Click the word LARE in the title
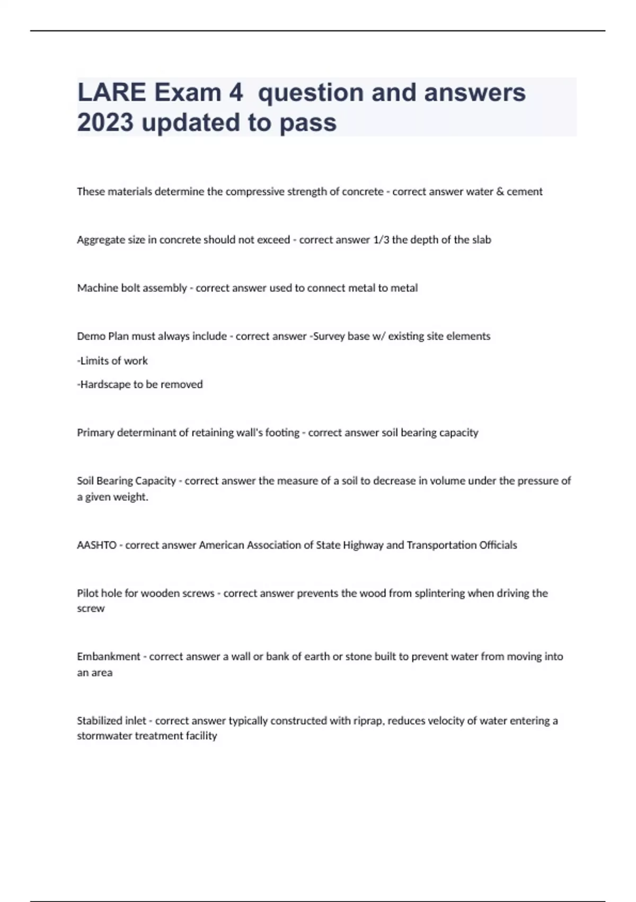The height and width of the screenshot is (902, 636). (111, 92)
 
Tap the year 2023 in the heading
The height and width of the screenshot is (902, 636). (105, 123)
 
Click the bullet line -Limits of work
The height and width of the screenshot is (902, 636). (112, 361)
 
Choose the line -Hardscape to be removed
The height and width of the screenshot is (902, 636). (140, 384)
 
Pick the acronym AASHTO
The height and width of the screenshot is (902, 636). (96, 545)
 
